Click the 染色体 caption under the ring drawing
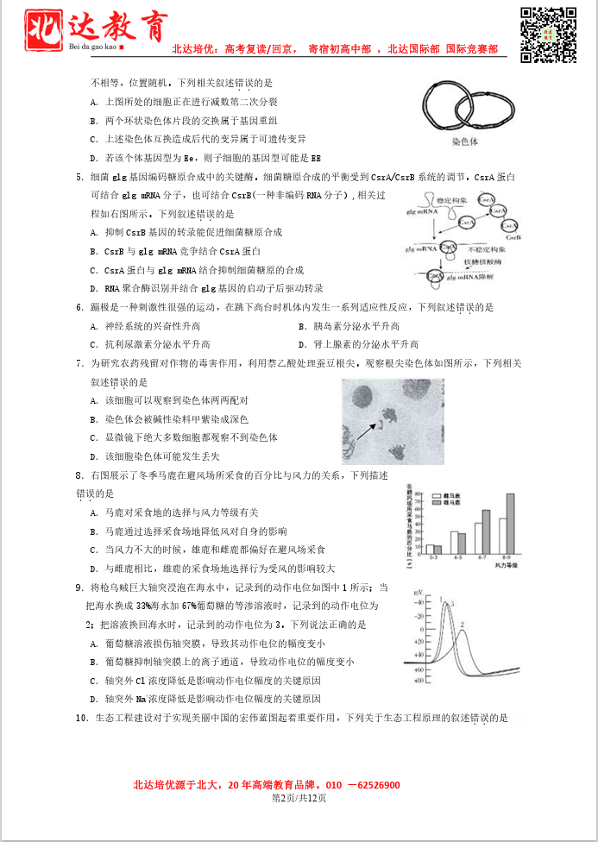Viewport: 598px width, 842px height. tap(464, 142)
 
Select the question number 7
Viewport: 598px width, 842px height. tap(79, 364)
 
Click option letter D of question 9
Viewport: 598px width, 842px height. tap(93, 699)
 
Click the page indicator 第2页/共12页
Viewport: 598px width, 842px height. tap(299, 798)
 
